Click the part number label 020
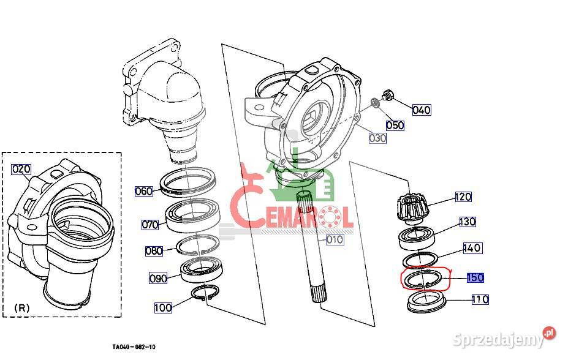click(21, 169)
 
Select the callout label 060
click(144, 191)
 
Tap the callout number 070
click(150, 225)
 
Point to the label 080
click(154, 251)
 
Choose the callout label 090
click(158, 278)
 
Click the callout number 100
click(163, 307)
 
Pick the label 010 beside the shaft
click(335, 239)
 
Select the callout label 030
click(377, 138)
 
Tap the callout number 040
click(422, 110)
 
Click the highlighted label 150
click(475, 277)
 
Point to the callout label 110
click(480, 299)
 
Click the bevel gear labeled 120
click(412, 208)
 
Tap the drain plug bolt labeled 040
click(388, 95)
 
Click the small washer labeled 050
click(376, 103)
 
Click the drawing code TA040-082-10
click(134, 347)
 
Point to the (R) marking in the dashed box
click(21, 308)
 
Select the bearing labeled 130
click(417, 238)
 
